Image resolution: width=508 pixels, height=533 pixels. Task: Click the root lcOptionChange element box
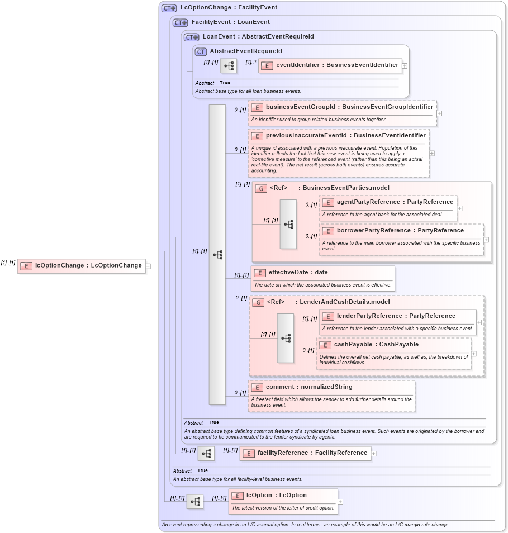(82, 266)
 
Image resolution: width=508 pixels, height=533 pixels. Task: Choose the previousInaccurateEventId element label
(345, 135)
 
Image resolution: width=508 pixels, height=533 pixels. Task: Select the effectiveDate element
(298, 273)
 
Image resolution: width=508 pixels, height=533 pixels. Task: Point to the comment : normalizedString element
(309, 387)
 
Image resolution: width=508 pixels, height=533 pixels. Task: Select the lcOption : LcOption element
(276, 496)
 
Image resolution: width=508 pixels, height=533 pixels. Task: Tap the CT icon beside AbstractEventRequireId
(201, 51)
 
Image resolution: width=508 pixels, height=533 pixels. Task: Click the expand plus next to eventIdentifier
(405, 65)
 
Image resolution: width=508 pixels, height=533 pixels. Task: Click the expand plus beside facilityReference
(374, 453)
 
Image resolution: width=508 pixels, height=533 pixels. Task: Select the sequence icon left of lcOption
(195, 502)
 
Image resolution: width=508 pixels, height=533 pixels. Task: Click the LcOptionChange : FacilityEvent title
(229, 8)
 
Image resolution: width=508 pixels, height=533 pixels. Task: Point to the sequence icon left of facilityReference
(206, 454)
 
